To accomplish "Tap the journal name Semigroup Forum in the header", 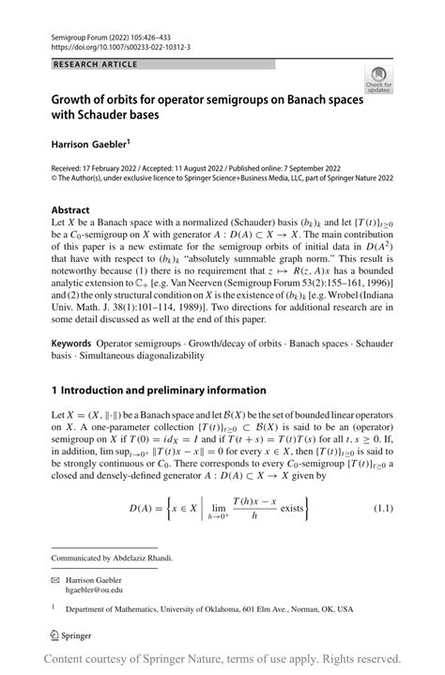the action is click(x=79, y=33).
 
